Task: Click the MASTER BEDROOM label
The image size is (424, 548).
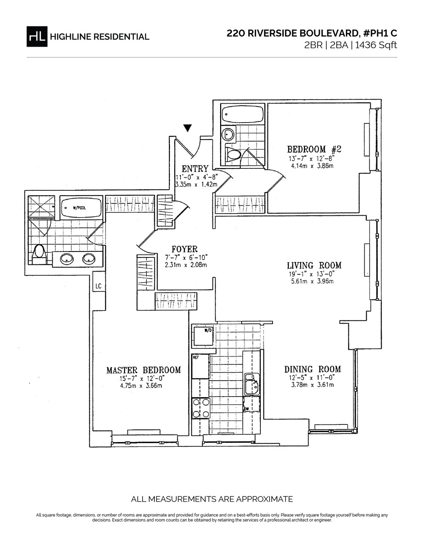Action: point(143,370)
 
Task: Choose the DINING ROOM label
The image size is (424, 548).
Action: point(313,369)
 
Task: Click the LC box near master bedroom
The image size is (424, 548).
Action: point(99,286)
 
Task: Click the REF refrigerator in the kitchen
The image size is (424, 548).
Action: point(200,367)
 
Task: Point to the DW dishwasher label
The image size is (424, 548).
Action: point(247,409)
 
